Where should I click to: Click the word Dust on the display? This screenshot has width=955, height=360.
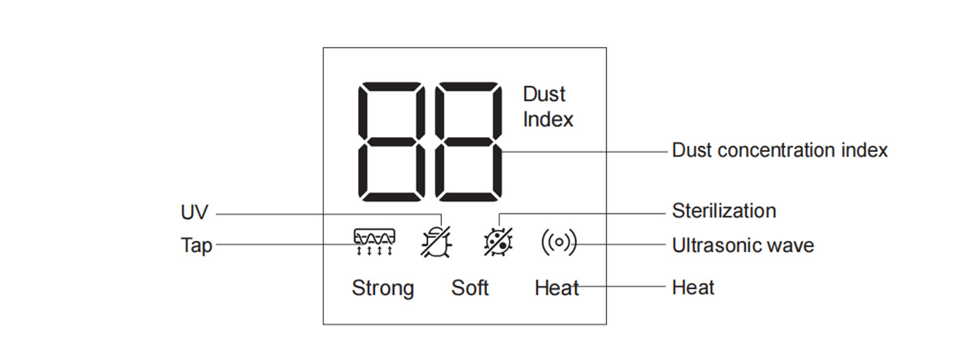544,94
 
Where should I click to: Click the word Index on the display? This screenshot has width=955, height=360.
548,119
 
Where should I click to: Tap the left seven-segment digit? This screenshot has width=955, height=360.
392,142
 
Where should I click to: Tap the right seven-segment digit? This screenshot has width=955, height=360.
469,142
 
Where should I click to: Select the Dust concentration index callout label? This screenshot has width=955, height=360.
780,151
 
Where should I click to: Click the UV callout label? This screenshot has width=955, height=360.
194,212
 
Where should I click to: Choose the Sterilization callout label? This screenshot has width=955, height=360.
724,211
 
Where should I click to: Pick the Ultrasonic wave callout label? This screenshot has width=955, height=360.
743,245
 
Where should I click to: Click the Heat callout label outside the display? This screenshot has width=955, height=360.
693,288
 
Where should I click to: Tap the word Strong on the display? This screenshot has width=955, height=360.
383,288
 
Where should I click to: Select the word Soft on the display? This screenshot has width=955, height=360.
470,288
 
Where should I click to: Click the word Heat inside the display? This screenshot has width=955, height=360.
557,288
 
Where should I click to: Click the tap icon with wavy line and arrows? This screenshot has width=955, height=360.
374,241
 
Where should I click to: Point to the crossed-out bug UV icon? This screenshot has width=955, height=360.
436,242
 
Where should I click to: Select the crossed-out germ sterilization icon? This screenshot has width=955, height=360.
498,241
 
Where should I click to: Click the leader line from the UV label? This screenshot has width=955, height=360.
329,214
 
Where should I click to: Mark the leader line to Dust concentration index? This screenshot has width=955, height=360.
584,151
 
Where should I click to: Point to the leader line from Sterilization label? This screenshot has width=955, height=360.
583,213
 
